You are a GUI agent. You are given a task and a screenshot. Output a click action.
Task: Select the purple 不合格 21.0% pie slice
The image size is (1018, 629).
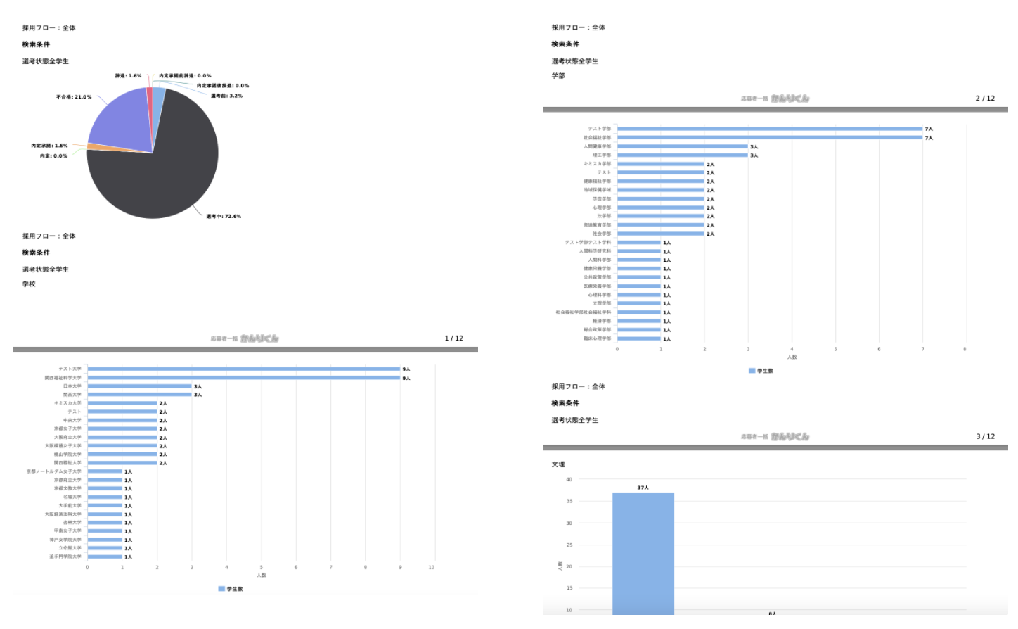pos(120,120)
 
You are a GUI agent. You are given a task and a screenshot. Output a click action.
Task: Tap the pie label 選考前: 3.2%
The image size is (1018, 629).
pos(226,96)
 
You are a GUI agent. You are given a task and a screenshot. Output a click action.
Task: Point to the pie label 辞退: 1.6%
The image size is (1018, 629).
pos(128,75)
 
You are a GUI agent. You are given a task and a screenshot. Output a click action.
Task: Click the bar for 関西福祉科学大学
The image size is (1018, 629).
pos(243,378)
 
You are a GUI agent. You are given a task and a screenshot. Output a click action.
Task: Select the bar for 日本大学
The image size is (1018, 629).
pos(139,386)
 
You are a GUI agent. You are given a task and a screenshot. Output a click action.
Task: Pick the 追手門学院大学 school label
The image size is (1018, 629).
pos(65,557)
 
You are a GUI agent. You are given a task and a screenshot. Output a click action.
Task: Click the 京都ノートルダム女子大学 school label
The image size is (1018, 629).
pos(54,471)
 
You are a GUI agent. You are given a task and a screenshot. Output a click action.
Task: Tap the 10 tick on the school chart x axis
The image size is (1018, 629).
pos(432,567)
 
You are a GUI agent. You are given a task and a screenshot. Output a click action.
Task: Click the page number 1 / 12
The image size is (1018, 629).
pos(454,338)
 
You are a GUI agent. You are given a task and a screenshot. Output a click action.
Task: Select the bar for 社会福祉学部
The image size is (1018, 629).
pos(769,138)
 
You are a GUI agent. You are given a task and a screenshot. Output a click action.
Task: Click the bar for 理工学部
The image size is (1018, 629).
pos(682,155)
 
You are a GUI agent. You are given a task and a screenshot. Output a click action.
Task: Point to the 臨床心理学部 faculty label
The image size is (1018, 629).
pos(597,338)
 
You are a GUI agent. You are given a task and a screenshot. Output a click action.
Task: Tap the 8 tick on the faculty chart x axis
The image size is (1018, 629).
pos(965,349)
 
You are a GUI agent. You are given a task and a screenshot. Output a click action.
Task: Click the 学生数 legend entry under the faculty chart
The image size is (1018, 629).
pos(761,371)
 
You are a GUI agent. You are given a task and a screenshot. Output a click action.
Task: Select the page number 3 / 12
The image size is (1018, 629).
pos(985,436)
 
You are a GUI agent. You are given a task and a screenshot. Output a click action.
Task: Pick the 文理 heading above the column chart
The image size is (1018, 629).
pos(558,464)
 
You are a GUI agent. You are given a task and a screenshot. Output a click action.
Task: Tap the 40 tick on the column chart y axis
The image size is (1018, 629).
pos(569,479)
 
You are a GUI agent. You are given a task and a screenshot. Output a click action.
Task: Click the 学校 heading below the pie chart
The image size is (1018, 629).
pos(29,284)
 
